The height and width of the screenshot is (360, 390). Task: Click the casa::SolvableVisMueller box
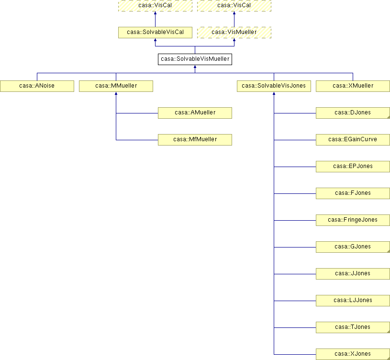tap(195, 59)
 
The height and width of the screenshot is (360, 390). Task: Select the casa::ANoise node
tap(37, 86)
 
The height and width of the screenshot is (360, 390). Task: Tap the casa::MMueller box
tap(116, 86)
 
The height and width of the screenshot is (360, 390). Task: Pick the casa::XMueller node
tap(353, 86)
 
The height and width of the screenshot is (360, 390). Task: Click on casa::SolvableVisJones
tap(274, 86)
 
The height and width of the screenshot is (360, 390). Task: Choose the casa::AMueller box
tap(195, 113)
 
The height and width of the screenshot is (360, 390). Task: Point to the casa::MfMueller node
tap(195, 140)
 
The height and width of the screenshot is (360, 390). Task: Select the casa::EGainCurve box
tap(353, 140)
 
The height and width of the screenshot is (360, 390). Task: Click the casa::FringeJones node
tap(353, 220)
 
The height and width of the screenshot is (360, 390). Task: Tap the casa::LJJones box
tap(353, 301)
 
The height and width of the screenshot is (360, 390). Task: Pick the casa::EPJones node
tap(353, 167)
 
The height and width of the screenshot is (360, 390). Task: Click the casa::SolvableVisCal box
tap(155, 33)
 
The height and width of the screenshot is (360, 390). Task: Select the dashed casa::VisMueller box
tap(234, 33)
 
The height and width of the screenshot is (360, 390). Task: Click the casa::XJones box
tap(353, 354)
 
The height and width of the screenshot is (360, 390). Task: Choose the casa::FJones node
tap(353, 193)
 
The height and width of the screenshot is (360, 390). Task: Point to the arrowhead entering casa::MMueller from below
tap(116, 93)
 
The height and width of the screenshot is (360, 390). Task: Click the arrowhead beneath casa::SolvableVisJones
tap(274, 93)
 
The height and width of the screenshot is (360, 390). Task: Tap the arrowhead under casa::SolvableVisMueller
tap(195, 67)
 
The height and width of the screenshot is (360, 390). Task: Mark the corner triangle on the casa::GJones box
tap(389, 251)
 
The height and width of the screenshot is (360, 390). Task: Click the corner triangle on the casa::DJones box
tap(389, 117)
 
